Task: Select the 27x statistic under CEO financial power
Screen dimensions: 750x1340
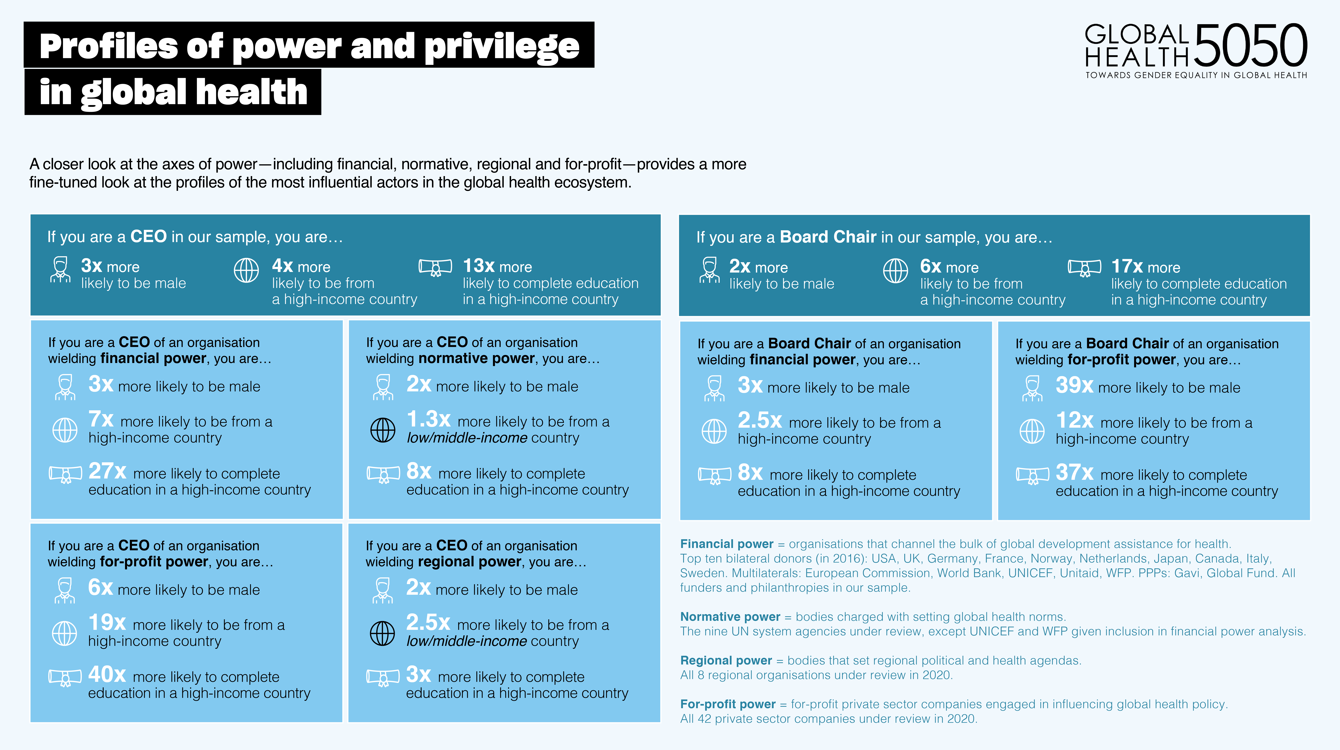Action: (x=107, y=471)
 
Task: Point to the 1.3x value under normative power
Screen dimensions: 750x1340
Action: (x=428, y=419)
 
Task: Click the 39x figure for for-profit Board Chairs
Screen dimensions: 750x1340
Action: (x=1074, y=385)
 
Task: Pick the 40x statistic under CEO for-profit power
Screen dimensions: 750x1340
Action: (x=107, y=675)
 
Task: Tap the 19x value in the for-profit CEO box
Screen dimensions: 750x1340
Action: (x=107, y=623)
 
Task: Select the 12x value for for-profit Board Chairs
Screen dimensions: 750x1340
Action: (x=1074, y=420)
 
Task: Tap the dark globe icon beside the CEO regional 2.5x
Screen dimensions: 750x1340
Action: (x=382, y=633)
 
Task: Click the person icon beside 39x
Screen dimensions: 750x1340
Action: (x=1032, y=389)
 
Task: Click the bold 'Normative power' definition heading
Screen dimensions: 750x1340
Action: (x=730, y=617)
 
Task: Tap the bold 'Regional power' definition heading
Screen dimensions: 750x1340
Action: (x=726, y=661)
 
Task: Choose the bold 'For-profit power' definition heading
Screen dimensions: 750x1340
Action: (x=728, y=704)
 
